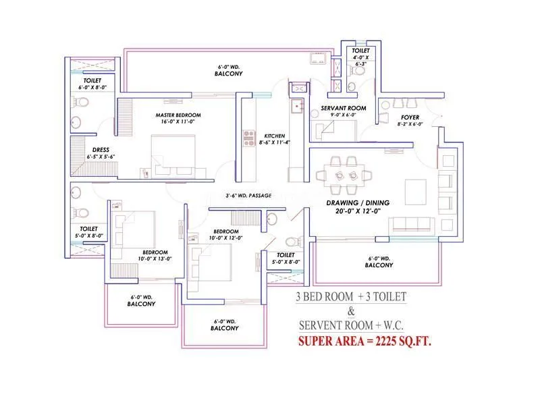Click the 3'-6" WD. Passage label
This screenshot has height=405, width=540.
point(248,196)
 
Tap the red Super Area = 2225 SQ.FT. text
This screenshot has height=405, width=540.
point(364,342)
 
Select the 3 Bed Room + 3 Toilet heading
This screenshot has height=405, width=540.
point(351,297)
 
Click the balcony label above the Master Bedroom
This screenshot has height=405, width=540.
point(230,70)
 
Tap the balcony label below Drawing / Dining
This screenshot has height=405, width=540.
point(379,262)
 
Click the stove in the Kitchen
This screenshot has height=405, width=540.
point(247,138)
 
